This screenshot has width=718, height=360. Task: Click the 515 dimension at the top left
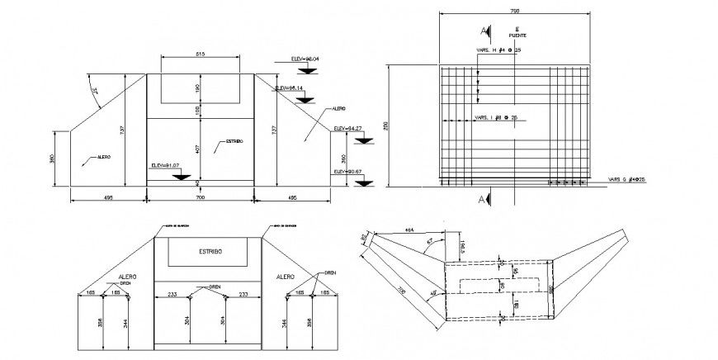point(200,53)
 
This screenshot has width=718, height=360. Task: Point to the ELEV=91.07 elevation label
point(165,165)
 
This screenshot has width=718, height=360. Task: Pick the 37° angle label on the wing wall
point(95,93)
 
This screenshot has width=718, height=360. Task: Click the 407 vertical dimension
point(198,149)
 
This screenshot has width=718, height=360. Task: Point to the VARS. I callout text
point(496,118)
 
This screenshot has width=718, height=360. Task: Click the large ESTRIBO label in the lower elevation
point(210,251)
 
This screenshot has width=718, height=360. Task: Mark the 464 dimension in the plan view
point(409,230)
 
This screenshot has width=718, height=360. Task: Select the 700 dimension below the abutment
point(200,199)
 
